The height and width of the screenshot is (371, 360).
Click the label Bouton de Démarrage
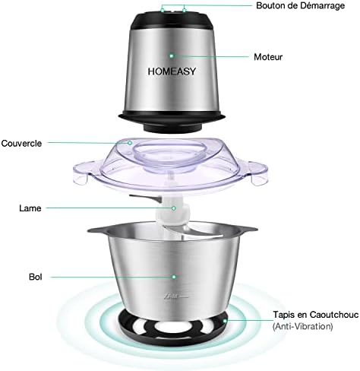(x=300, y=5)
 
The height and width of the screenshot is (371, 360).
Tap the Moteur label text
(x=268, y=57)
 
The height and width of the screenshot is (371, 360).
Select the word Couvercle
(x=21, y=144)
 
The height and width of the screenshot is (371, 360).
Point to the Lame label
(x=30, y=208)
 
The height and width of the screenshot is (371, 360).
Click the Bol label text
(x=36, y=277)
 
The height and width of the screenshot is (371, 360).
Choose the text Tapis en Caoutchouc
(x=316, y=315)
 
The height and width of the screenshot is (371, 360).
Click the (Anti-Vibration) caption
(x=302, y=326)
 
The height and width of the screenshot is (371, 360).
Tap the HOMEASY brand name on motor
(x=172, y=71)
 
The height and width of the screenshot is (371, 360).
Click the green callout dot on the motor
(x=172, y=55)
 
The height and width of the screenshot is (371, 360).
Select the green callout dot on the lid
(x=130, y=143)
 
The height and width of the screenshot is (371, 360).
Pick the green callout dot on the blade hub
(x=174, y=208)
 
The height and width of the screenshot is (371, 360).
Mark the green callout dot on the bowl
(x=174, y=277)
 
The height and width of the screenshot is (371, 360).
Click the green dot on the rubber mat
(x=225, y=321)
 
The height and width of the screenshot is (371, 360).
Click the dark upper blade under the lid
(x=145, y=198)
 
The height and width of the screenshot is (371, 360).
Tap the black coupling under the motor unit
(x=172, y=126)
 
